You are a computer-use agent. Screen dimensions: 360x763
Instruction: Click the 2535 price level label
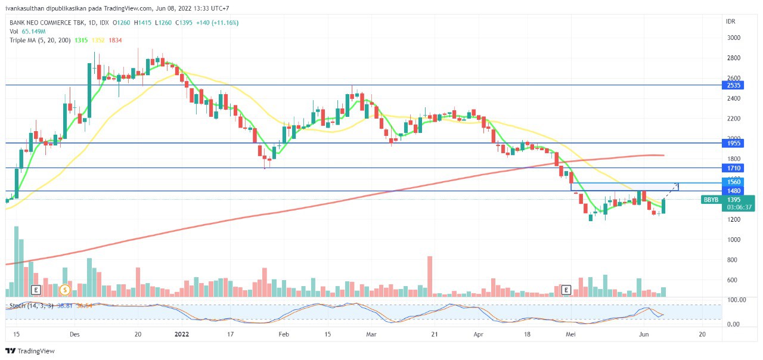733,85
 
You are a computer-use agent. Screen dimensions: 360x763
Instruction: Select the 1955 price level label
733,143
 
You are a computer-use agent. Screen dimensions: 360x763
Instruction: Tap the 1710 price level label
733,168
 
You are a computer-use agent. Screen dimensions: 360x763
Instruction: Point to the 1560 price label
733,182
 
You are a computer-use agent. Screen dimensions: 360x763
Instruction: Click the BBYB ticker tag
711,200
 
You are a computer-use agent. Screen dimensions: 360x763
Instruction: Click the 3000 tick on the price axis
733,38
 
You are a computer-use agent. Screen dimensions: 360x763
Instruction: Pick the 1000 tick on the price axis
733,240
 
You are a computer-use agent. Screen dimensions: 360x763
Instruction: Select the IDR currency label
731,21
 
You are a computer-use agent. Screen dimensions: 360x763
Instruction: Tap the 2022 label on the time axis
182,334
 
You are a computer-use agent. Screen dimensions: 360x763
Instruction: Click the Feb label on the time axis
284,334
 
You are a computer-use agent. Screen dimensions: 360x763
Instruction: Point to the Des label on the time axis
75,334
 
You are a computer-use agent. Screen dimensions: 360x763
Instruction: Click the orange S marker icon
65,290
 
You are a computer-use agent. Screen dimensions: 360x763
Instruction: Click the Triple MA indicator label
40,40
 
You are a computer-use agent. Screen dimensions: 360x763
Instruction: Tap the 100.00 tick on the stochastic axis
736,300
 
